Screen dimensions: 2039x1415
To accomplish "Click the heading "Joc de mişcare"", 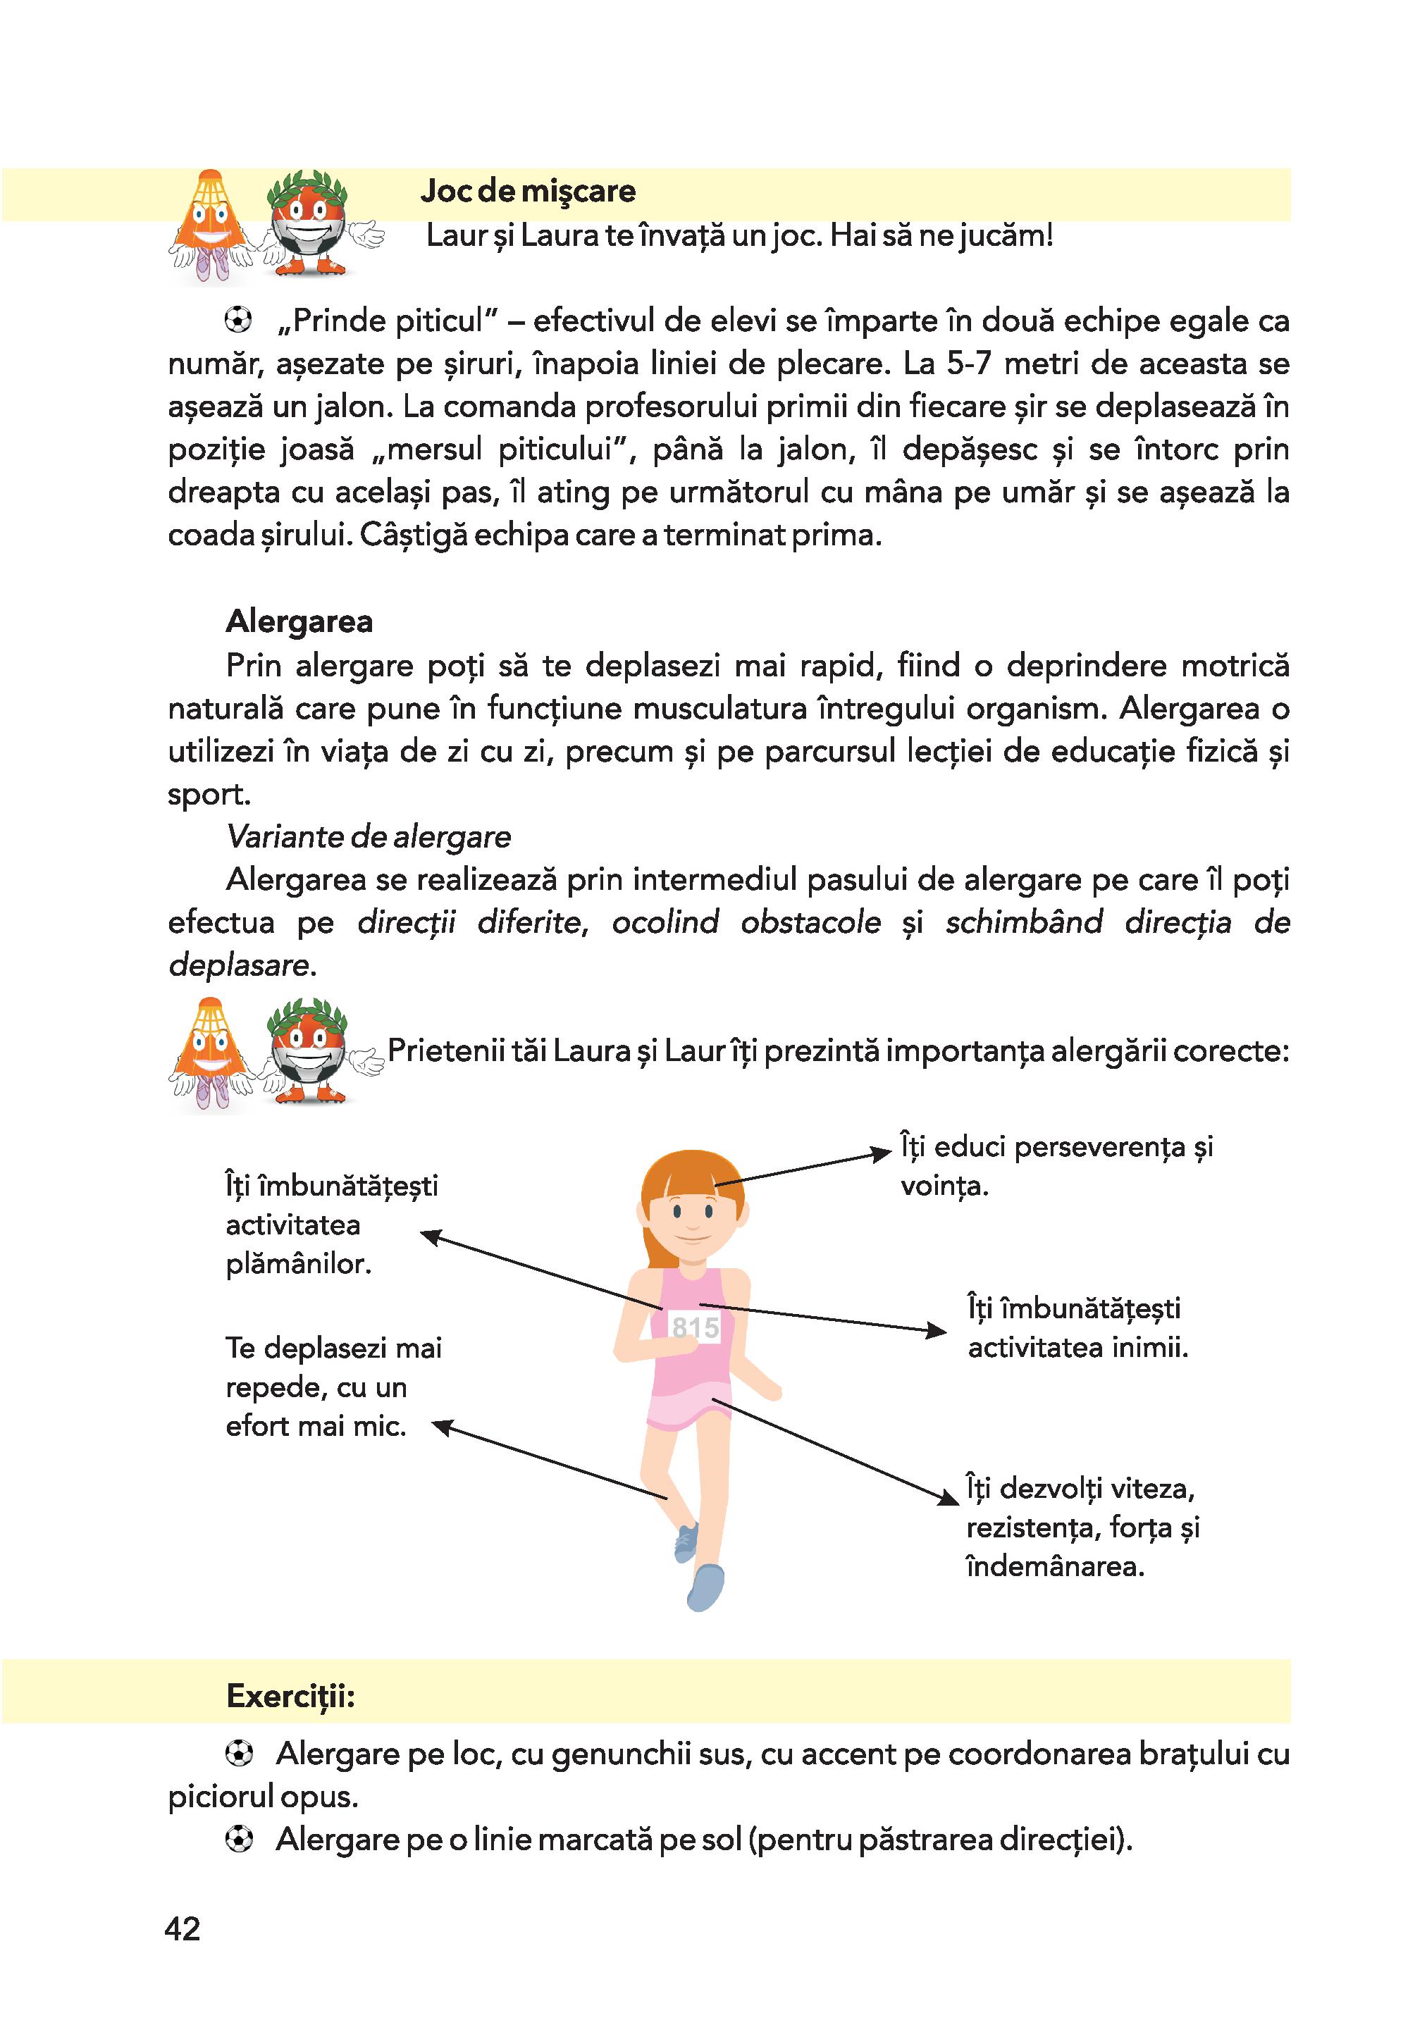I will [x=528, y=192].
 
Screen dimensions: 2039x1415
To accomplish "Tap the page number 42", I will [x=183, y=1929].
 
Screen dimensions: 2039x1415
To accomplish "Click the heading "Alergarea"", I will [x=299, y=621].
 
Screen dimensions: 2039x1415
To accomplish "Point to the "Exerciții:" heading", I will [x=291, y=1695].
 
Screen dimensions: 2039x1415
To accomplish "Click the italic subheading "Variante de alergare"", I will [x=368, y=836].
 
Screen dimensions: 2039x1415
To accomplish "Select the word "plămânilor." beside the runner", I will [x=298, y=1263].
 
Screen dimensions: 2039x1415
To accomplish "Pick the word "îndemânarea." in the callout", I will [x=1055, y=1566].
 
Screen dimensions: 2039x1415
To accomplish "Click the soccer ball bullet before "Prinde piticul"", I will [x=238, y=320].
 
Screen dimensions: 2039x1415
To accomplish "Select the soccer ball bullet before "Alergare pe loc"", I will [x=238, y=1754].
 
